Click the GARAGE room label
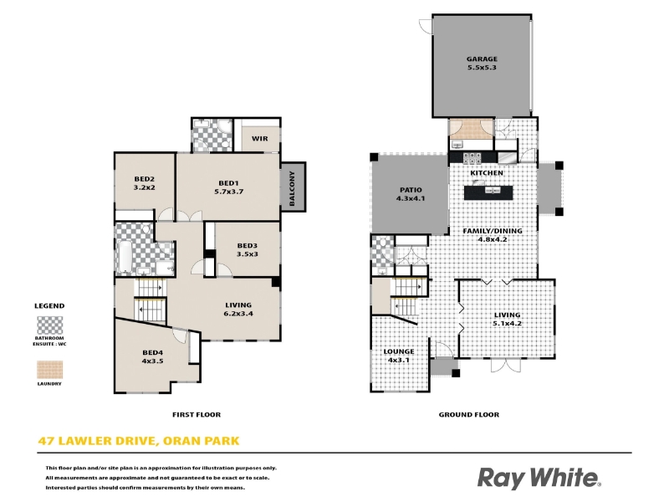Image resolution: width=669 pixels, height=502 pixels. point(482,59)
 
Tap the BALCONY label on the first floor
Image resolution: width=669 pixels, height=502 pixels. point(292,188)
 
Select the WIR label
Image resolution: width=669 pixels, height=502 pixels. point(259,139)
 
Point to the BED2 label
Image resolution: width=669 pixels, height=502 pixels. point(144,179)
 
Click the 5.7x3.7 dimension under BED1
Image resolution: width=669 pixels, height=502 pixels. point(228,192)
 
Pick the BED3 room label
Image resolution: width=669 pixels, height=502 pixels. point(247,245)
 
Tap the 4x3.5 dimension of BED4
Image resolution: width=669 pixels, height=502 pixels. point(152,361)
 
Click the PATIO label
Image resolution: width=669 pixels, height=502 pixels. point(411,190)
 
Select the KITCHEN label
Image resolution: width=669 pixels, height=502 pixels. point(487,173)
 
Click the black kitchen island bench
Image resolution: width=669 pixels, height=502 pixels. point(488,193)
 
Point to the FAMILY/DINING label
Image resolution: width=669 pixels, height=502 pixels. point(493,231)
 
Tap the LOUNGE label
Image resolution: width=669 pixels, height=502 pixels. point(399,351)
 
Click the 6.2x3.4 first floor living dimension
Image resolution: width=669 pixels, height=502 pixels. point(238,313)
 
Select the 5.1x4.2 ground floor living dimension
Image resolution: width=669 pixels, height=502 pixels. point(507,323)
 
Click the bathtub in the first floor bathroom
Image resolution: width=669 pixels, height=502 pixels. point(125,257)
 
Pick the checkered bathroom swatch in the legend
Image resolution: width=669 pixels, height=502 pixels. point(50,325)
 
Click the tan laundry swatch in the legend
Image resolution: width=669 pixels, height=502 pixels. point(50,370)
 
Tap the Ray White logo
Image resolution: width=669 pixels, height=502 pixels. point(539,478)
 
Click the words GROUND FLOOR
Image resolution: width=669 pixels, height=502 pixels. point(468,414)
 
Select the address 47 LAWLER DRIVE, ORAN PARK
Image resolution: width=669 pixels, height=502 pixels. point(139,441)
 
